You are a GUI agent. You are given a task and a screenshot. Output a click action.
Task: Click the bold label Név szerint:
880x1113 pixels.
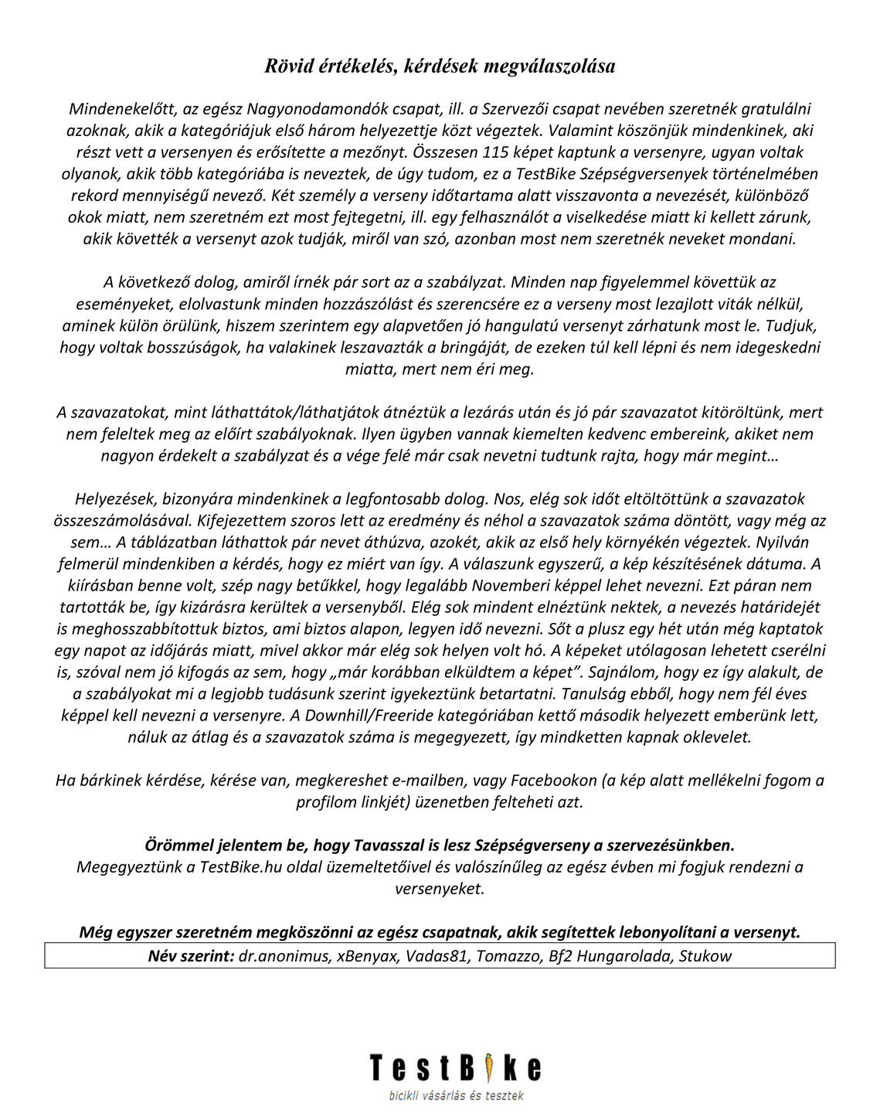[191, 956]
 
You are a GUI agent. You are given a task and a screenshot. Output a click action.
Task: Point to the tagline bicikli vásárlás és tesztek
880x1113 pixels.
[456, 1095]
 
